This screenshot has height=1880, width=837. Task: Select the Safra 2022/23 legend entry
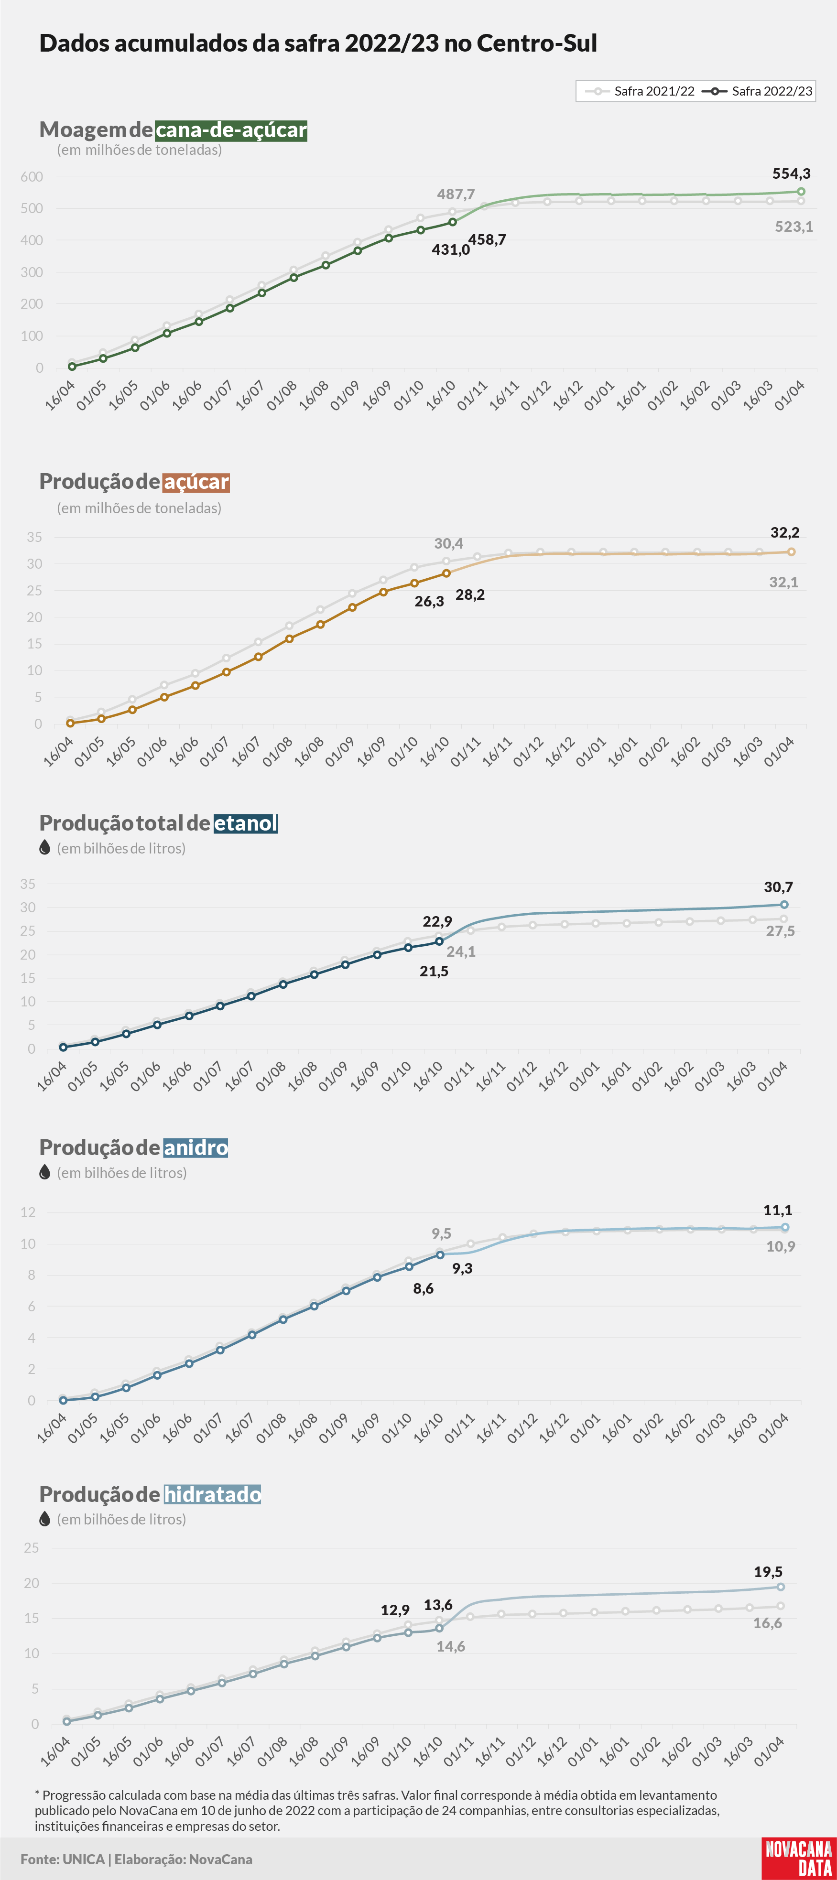[758, 91]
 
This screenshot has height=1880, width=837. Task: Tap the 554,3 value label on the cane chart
[791, 173]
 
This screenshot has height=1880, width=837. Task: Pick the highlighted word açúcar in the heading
[196, 482]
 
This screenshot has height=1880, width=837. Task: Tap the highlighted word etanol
[246, 823]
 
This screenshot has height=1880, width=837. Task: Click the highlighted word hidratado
[212, 1495]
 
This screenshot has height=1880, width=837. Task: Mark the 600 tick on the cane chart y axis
[32, 177]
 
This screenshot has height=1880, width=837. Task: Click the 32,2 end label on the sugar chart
[784, 533]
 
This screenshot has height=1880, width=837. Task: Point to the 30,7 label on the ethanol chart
[778, 887]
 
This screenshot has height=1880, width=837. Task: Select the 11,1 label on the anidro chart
[777, 1210]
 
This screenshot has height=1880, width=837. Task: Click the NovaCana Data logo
[798, 1858]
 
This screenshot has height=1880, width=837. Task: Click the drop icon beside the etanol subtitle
[44, 847]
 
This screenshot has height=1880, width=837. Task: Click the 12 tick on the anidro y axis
[28, 1212]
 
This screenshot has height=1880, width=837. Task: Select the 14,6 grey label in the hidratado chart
[450, 1646]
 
